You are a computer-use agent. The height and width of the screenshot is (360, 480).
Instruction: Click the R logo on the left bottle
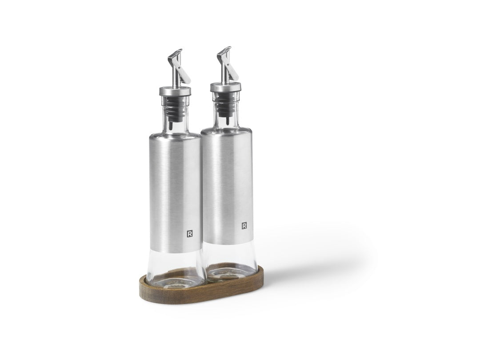point(190,234)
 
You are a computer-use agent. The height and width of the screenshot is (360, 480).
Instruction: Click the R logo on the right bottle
point(244,226)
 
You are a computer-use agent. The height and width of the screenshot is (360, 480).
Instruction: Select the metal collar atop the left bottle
point(175,91)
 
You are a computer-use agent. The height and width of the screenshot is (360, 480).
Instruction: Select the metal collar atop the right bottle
point(226,87)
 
